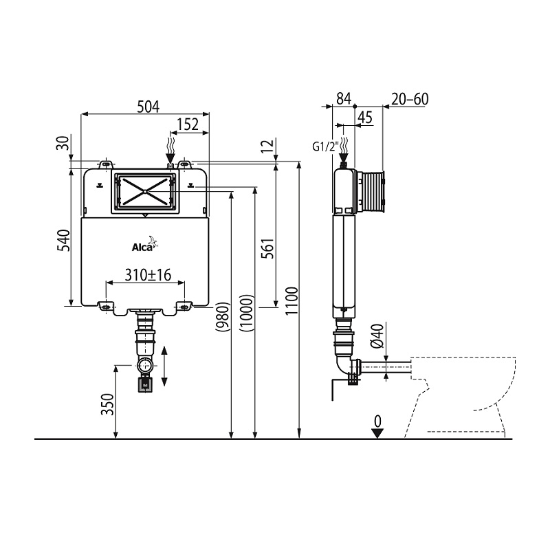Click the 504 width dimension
(x=148, y=107)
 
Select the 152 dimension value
(x=187, y=124)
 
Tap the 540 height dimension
(x=64, y=240)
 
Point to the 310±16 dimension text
(x=148, y=274)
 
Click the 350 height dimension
(x=108, y=404)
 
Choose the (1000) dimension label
(x=246, y=313)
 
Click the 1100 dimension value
(x=291, y=301)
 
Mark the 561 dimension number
(x=269, y=248)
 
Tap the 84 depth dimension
(x=344, y=98)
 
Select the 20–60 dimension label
(x=410, y=99)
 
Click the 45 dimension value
(x=365, y=118)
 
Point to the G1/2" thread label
(x=326, y=146)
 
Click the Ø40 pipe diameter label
(x=377, y=335)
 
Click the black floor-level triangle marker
(x=377, y=433)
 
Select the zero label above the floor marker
(x=377, y=421)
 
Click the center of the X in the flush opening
(x=145, y=192)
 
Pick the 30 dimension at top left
(x=63, y=143)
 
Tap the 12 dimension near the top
(x=269, y=145)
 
